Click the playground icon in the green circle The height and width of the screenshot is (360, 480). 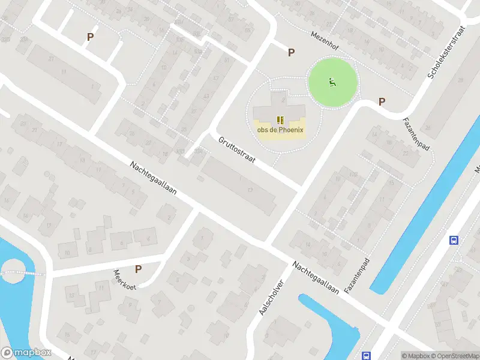(x=332, y=82)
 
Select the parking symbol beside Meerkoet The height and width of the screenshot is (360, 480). (x=139, y=269)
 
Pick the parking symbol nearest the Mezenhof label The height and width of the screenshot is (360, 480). (x=291, y=52)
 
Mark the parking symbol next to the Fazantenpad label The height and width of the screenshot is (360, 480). (x=381, y=102)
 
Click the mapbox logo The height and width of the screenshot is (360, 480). (x=26, y=353)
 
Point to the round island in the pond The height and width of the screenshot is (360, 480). (x=13, y=274)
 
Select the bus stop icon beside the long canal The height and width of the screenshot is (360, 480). (x=454, y=240)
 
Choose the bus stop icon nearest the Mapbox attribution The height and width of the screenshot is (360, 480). (x=365, y=355)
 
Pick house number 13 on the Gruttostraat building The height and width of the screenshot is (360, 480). (x=250, y=190)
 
